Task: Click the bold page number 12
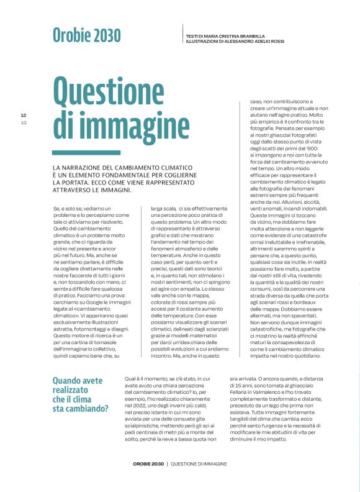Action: point(24,116)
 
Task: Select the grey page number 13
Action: point(24,122)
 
